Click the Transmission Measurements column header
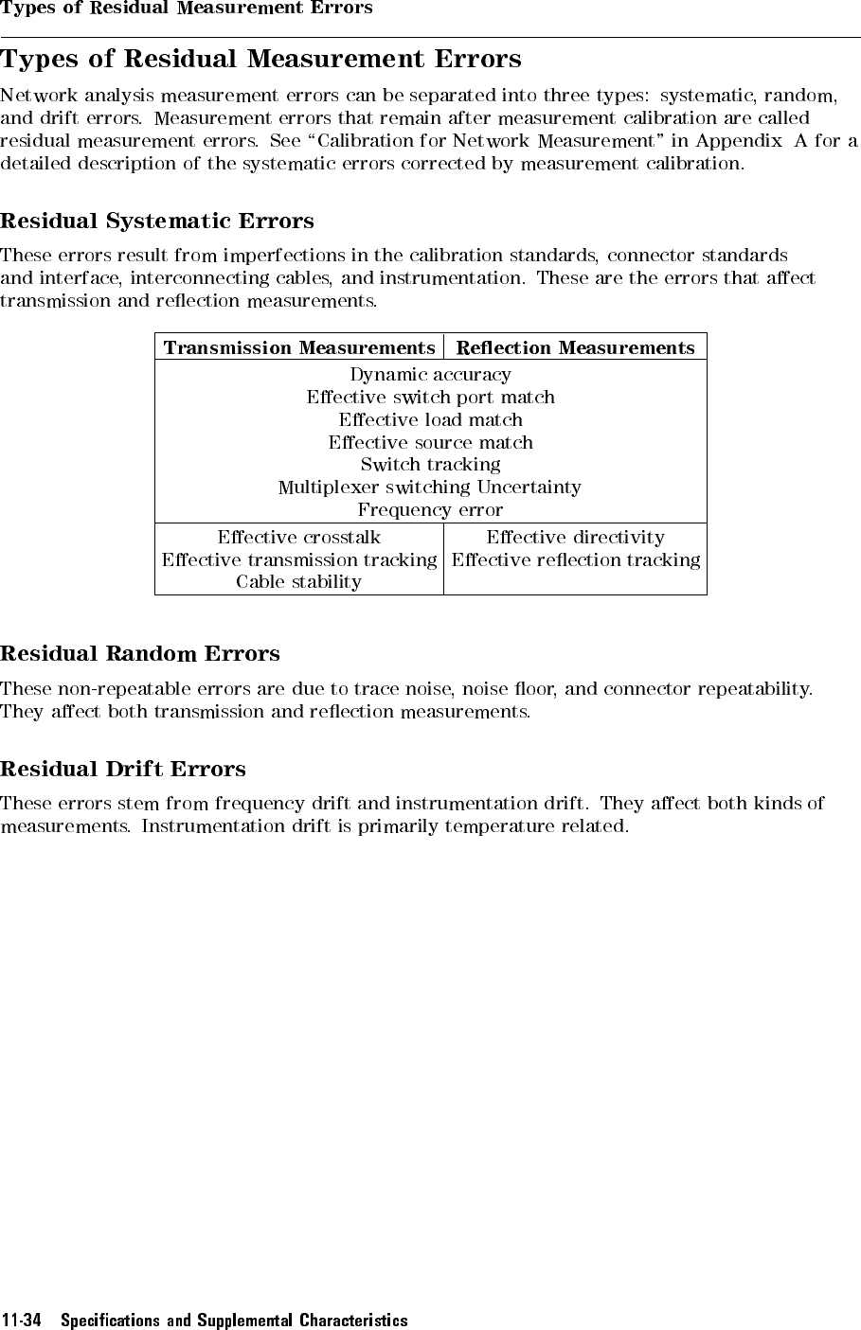[x=298, y=348]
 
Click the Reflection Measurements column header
[x=575, y=348]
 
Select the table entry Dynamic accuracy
[x=430, y=375]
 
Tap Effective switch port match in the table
[x=430, y=398]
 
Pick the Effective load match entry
[x=430, y=420]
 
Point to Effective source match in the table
[x=430, y=443]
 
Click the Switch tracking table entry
[x=430, y=465]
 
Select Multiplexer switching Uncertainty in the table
[x=430, y=488]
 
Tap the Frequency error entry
[x=430, y=510]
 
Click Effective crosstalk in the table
[x=298, y=538]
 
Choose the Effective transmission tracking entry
[x=298, y=560]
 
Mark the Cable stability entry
[x=298, y=582]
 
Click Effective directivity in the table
[x=575, y=538]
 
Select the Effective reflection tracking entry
[x=575, y=560]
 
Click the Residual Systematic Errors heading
[x=157, y=222]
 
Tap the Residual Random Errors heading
[x=140, y=654]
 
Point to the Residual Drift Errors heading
[x=123, y=770]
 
